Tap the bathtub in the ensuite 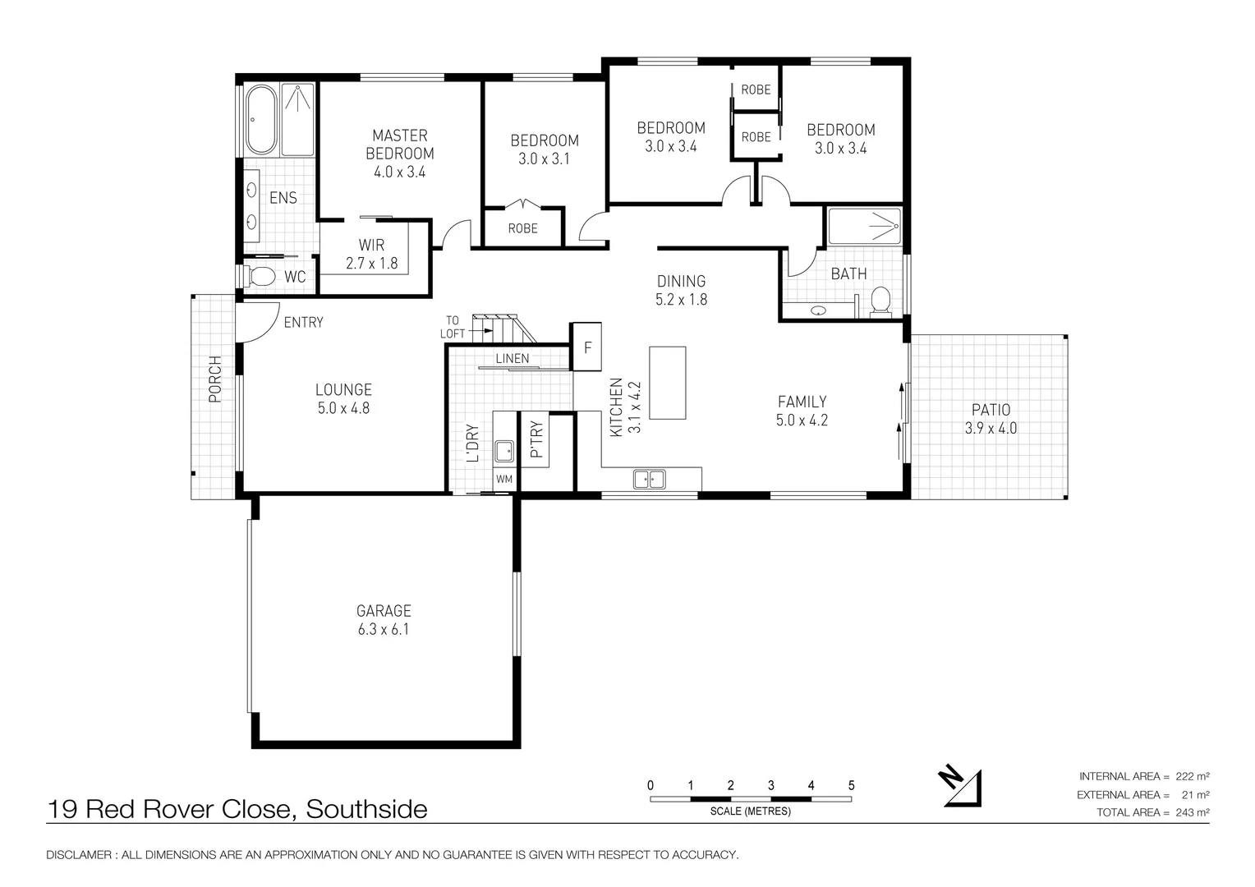coord(261,120)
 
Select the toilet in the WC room coord(261,277)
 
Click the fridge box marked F coord(587,347)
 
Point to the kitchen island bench coord(667,383)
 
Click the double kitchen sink coord(649,478)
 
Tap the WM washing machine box coord(503,479)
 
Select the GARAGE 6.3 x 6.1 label coord(384,620)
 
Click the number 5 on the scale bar coord(852,785)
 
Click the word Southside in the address coord(366,810)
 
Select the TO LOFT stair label coord(453,327)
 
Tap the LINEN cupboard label coord(513,359)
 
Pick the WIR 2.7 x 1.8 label coord(371,255)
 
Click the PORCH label coord(215,379)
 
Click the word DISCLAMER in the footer coord(79,855)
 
